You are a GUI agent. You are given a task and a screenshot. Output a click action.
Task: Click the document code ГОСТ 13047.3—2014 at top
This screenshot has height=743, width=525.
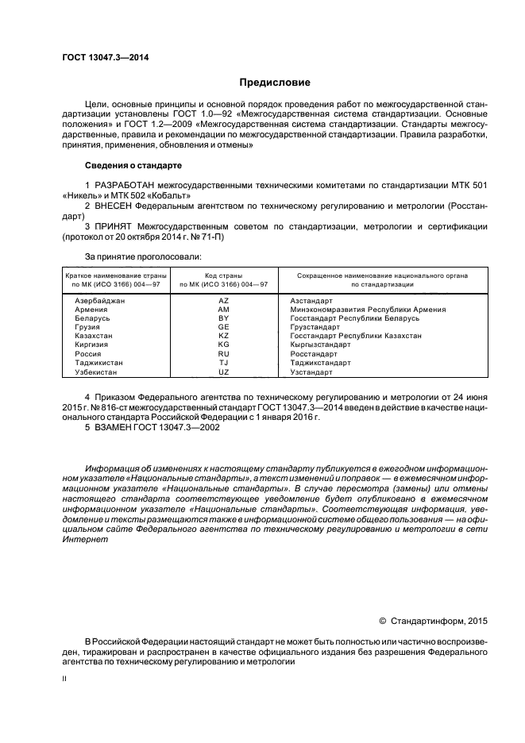point(106,57)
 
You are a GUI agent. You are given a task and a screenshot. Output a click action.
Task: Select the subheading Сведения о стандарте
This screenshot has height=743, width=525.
point(133,165)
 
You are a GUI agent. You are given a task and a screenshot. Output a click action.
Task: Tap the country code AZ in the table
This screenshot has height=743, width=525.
point(223,302)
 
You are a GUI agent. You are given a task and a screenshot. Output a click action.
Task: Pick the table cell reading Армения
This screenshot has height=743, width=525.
point(91,310)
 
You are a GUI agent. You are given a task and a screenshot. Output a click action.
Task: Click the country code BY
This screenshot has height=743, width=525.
point(223,318)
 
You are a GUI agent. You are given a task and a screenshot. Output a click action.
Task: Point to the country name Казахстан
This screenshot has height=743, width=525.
point(95,336)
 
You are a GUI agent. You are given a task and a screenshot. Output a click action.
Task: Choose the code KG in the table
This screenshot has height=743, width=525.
point(223,345)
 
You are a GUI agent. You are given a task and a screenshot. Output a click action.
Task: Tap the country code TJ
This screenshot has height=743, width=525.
point(223,363)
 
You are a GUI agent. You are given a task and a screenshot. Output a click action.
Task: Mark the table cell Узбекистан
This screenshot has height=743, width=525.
point(98,371)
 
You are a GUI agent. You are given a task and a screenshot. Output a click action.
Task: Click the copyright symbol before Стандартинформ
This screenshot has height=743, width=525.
point(382,621)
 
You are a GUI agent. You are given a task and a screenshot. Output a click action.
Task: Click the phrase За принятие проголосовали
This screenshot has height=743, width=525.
point(142,256)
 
